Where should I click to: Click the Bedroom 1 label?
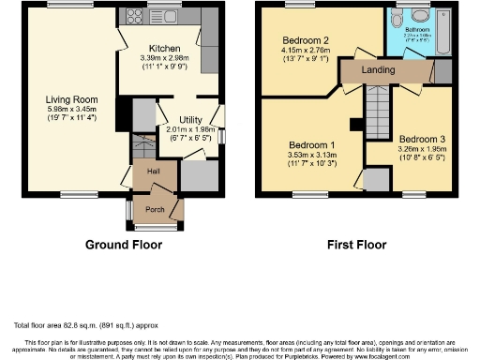(311, 144)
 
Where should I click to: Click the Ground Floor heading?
(124, 245)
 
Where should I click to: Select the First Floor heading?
(356, 245)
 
